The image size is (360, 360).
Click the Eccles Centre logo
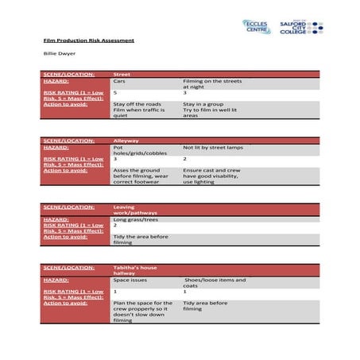(x=254, y=27)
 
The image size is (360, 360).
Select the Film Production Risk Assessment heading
(x=88, y=40)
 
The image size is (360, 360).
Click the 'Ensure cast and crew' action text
(x=208, y=170)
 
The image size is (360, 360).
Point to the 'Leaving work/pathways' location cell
(x=138, y=210)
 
